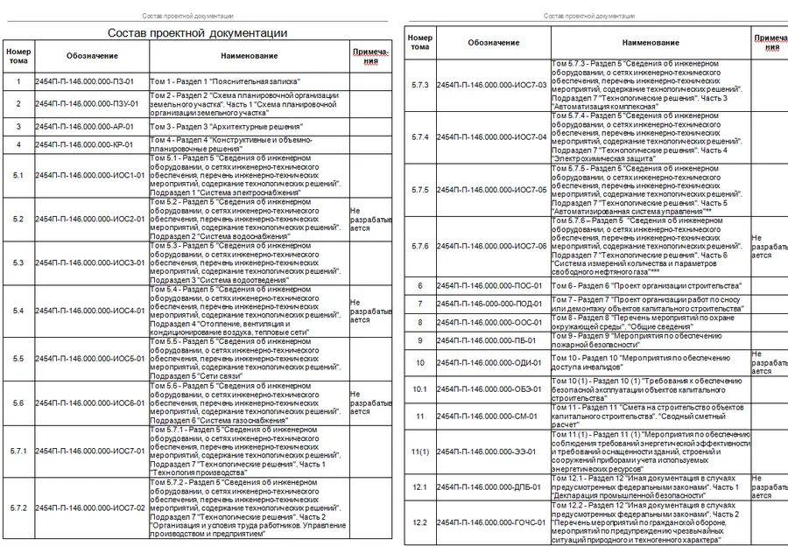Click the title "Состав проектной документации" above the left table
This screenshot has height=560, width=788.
[197, 33]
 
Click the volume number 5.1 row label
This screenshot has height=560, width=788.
[18, 175]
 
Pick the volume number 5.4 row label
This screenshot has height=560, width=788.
[18, 311]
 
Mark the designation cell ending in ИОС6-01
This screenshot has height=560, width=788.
[89, 402]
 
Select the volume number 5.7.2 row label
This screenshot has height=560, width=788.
[18, 507]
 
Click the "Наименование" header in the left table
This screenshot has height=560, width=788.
[250, 56]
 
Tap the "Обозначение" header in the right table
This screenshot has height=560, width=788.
[493, 42]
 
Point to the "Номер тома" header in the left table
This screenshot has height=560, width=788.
[18, 56]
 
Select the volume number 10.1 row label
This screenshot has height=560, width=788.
[420, 388]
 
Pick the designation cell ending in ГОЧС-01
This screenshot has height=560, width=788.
[492, 523]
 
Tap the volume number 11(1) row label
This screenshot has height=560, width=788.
[420, 451]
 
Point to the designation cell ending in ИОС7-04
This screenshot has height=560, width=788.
[492, 137]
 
